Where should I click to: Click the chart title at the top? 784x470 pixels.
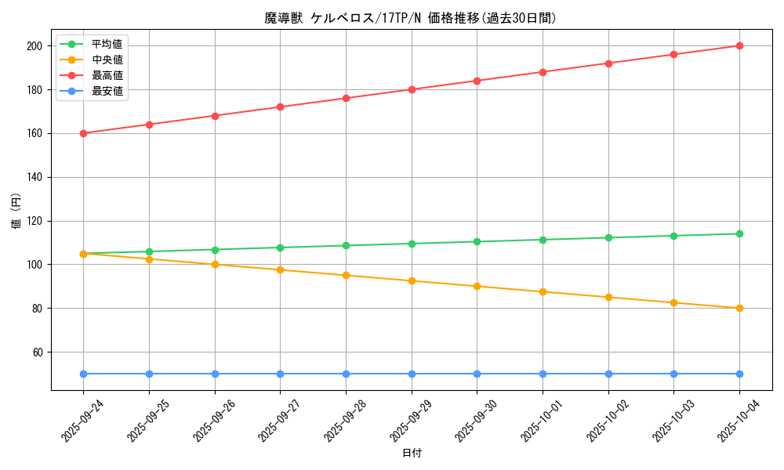pyautogui.click(x=411, y=18)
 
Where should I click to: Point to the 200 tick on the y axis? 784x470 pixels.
pyautogui.click(x=34, y=45)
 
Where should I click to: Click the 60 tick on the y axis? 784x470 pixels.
pyautogui.click(x=38, y=352)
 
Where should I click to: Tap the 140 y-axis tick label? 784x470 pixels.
pyautogui.click(x=34, y=177)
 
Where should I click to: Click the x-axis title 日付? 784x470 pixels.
pyautogui.click(x=412, y=454)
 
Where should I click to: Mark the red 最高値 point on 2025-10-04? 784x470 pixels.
pyautogui.click(x=739, y=45)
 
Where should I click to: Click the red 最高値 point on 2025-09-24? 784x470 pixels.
pyautogui.click(x=83, y=133)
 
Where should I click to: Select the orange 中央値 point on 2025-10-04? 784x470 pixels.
pyautogui.click(x=739, y=308)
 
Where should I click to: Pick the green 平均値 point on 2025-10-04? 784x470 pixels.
pyautogui.click(x=739, y=233)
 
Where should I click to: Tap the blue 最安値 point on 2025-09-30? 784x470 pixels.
pyautogui.click(x=477, y=374)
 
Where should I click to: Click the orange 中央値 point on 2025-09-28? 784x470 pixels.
pyautogui.click(x=346, y=275)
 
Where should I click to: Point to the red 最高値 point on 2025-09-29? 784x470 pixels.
pyautogui.click(x=412, y=89)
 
